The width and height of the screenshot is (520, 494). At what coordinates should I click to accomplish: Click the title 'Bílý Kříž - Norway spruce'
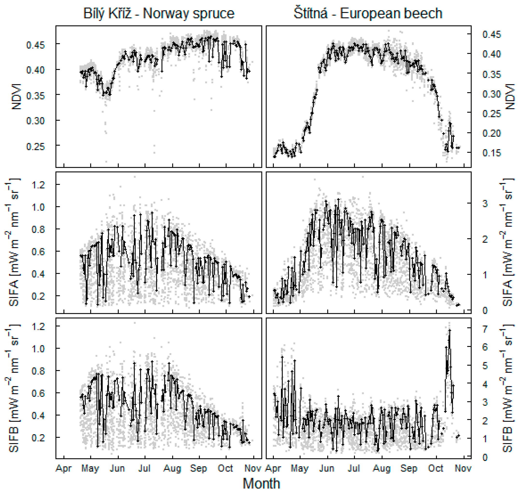click(159, 13)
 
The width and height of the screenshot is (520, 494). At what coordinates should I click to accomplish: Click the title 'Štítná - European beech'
click(368, 13)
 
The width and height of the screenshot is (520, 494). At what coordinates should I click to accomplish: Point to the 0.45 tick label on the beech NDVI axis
click(492, 34)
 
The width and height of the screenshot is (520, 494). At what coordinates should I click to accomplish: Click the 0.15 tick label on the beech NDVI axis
click(492, 153)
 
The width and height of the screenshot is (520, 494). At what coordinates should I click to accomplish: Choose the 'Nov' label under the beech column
click(463, 468)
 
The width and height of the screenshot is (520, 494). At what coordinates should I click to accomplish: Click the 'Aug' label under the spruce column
click(172, 468)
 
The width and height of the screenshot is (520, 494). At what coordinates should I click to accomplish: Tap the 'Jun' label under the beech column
click(327, 468)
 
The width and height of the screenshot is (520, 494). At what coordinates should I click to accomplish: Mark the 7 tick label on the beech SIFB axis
click(485, 329)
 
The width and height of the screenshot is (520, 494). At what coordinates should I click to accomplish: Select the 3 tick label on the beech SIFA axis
click(485, 203)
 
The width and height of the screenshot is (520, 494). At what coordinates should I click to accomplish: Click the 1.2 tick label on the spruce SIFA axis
click(38, 185)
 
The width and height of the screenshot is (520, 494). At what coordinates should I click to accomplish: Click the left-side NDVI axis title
click(16, 96)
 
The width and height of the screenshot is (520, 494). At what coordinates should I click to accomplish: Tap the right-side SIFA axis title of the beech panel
click(506, 242)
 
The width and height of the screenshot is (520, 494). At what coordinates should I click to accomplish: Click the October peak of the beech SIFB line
click(450, 330)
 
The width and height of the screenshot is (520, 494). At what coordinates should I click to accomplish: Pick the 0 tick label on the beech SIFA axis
click(485, 310)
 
